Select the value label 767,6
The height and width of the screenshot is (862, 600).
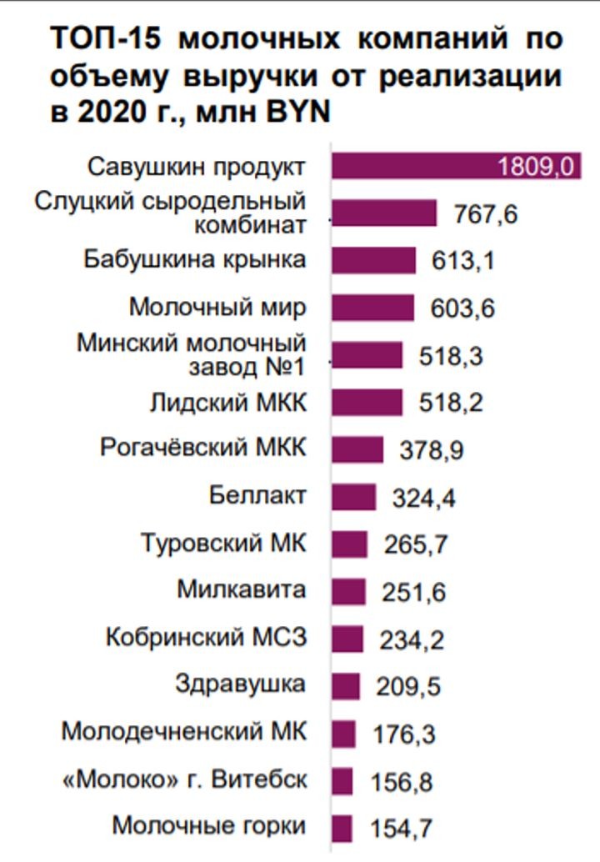coord(486,214)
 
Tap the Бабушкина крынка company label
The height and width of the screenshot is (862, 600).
coord(195,259)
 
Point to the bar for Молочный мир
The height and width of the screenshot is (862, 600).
coord(372,308)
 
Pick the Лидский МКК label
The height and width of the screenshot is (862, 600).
coord(228,403)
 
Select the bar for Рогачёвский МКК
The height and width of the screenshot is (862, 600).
coord(357,449)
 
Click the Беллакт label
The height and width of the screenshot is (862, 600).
coord(257,496)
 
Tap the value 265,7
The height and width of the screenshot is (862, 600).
coord(416,544)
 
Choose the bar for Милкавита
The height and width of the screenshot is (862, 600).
coord(348,592)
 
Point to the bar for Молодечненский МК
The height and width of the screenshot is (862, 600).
coord(343,734)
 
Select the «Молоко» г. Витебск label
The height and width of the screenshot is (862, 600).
coord(185,781)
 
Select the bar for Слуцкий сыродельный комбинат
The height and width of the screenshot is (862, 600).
coord(384,213)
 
